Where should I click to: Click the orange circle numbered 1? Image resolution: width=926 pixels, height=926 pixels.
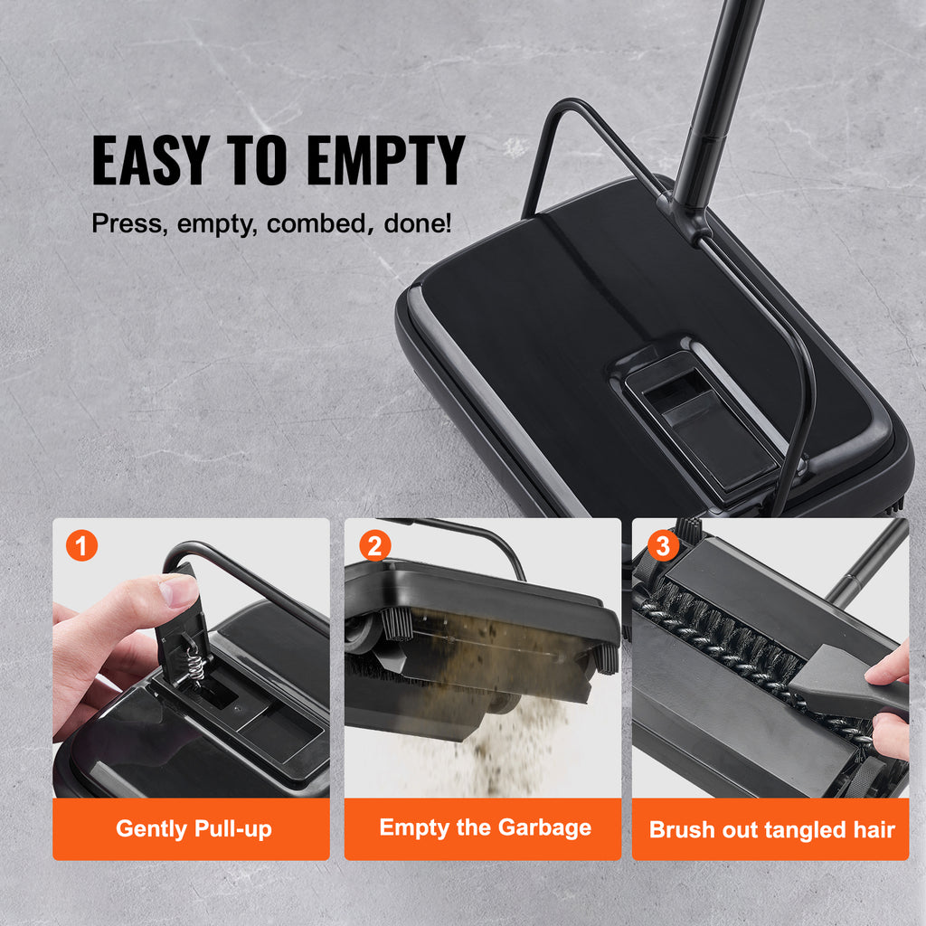(81, 546)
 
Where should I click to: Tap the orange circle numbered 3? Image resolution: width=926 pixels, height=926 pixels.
(663, 546)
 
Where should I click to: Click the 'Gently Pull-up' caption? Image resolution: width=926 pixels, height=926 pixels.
(194, 828)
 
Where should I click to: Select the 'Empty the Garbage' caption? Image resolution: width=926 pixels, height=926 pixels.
(485, 827)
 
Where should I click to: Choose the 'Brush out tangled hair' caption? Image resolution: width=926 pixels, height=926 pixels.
(771, 829)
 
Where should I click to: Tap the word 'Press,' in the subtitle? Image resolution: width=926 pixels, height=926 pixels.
(128, 223)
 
